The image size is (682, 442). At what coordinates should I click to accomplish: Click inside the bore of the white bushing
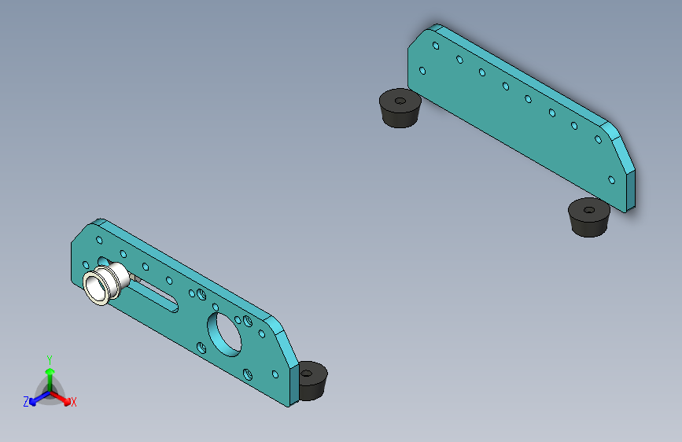(x=96, y=287)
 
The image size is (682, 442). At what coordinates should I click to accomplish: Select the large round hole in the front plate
(x=225, y=334)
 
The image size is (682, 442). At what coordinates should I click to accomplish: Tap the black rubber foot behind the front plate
(x=313, y=381)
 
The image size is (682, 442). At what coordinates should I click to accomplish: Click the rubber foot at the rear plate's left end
(x=400, y=109)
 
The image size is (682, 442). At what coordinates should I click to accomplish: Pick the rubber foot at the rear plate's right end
(x=589, y=218)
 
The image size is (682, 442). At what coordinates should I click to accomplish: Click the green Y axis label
(x=50, y=359)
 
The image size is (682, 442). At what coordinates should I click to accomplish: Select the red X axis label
(x=73, y=403)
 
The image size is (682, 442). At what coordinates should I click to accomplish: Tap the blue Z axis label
(x=26, y=402)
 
